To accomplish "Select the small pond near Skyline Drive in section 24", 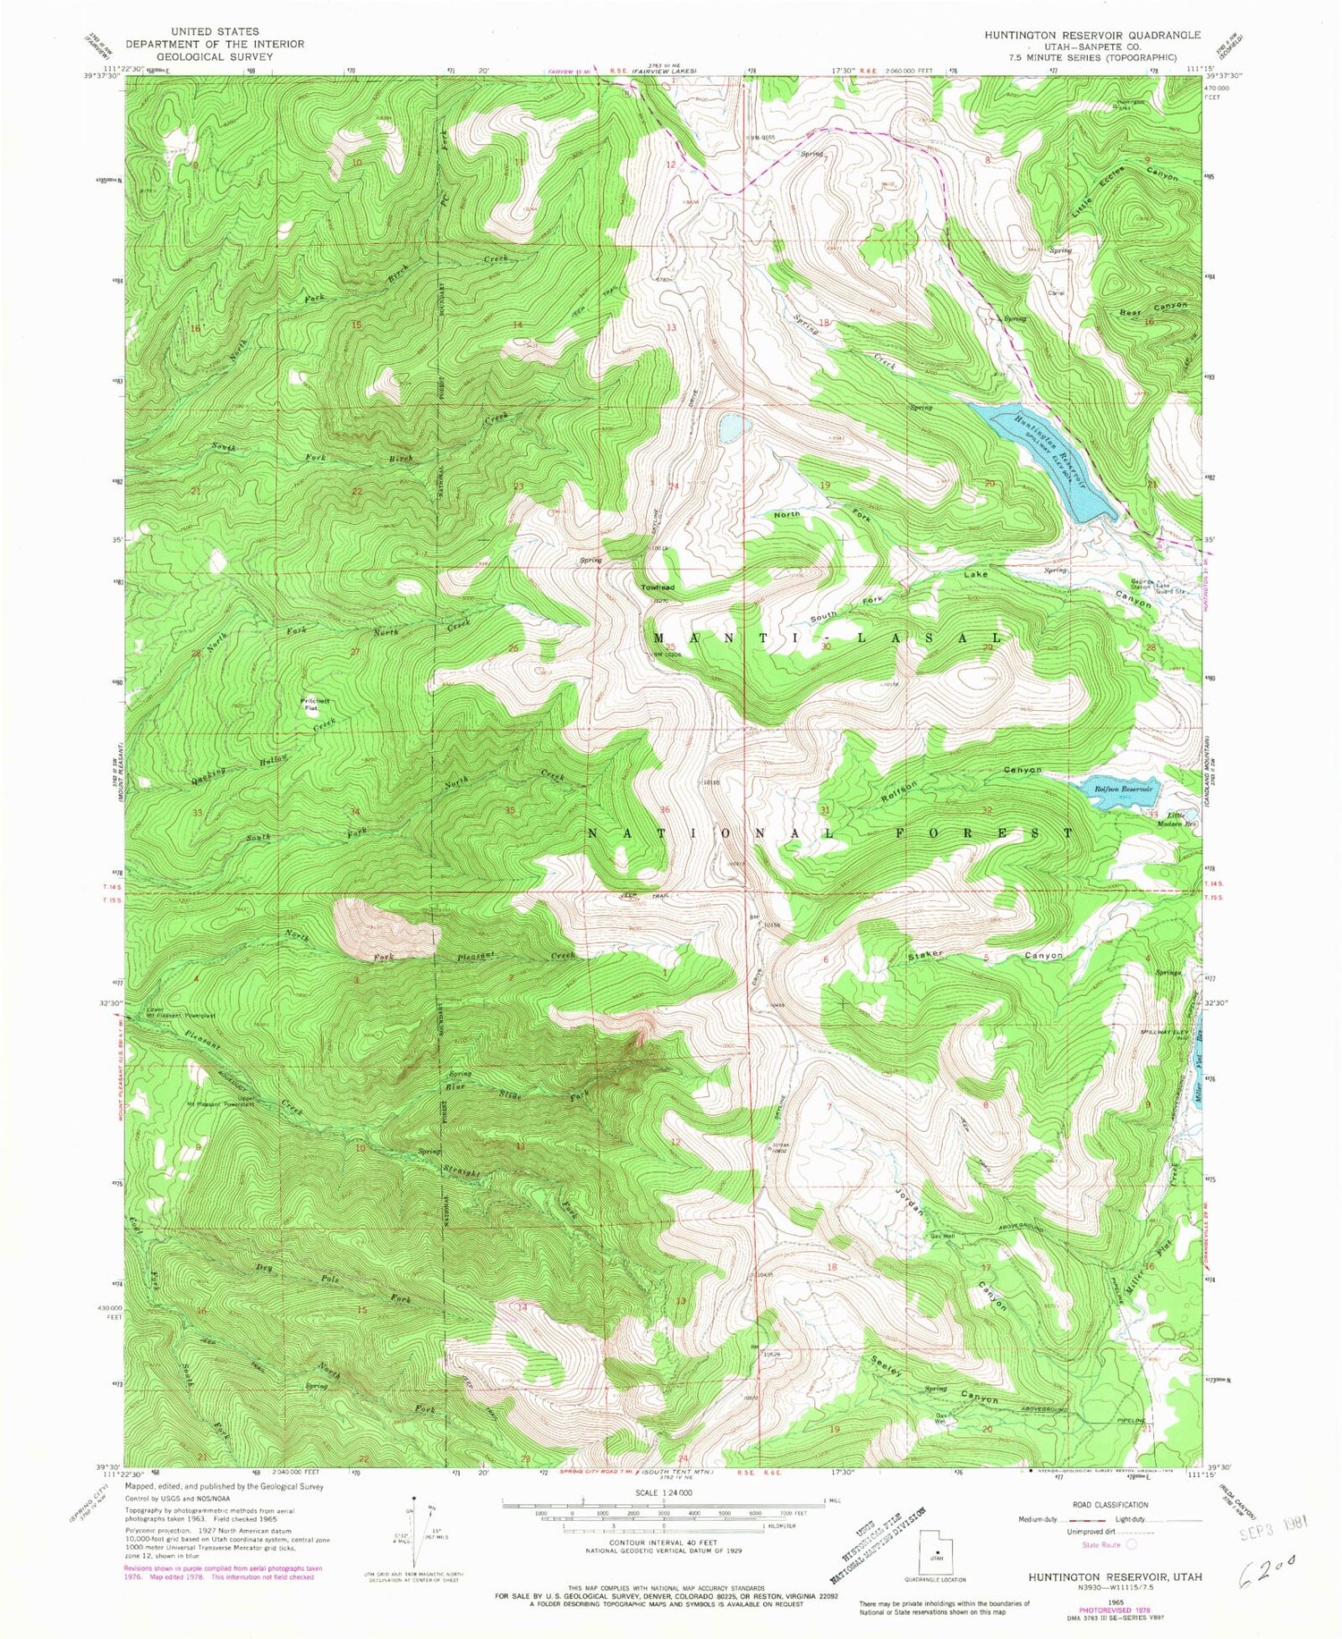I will coord(729,427).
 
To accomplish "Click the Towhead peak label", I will coord(657,587).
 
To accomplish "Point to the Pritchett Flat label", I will coord(310,705).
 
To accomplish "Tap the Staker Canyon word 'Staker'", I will coord(926,954).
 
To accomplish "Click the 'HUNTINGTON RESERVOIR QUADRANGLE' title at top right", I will coord(1091,34).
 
